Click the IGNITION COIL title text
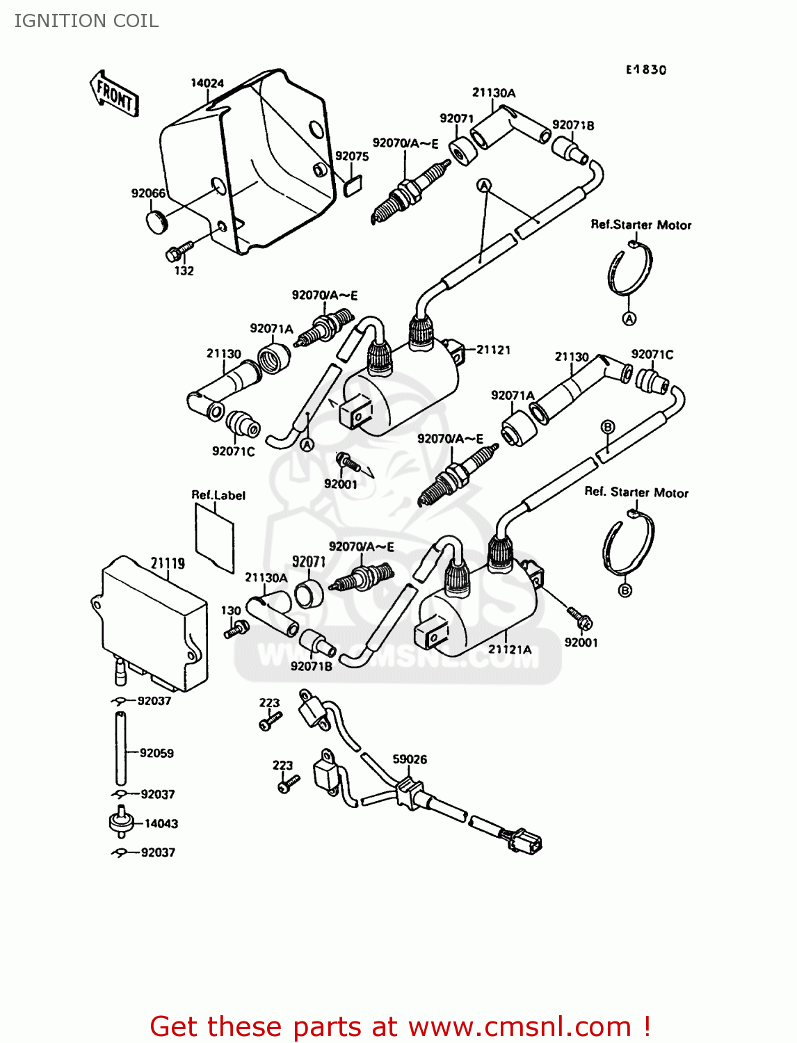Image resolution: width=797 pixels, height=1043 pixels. point(86,21)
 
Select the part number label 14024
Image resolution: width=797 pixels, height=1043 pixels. point(207,83)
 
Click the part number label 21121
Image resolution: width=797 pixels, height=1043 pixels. point(493,350)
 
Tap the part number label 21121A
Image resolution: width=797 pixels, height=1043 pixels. point(509,649)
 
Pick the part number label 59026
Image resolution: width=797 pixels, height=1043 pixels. point(410,759)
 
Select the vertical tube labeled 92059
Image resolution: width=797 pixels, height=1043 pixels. point(121,750)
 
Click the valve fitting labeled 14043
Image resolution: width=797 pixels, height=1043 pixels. point(121,822)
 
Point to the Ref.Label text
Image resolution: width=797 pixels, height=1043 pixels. point(218,495)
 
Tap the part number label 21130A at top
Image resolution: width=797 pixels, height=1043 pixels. point(494,93)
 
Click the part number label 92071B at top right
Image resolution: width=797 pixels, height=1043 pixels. point(573,125)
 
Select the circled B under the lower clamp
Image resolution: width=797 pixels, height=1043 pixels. point(625,590)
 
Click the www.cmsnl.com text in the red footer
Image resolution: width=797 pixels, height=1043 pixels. point(520,1026)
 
